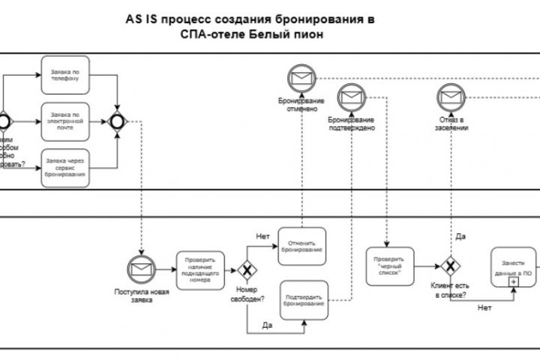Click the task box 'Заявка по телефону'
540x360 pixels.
(65, 74)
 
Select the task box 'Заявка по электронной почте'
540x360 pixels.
(65, 119)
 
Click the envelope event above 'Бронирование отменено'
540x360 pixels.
(301, 77)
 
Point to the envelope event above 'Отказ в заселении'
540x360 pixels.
(450, 97)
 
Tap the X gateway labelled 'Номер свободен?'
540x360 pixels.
(246, 268)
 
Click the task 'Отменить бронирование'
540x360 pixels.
(302, 245)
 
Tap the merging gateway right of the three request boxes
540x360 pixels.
(117, 119)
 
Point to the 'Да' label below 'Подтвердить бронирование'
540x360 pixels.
(266, 326)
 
